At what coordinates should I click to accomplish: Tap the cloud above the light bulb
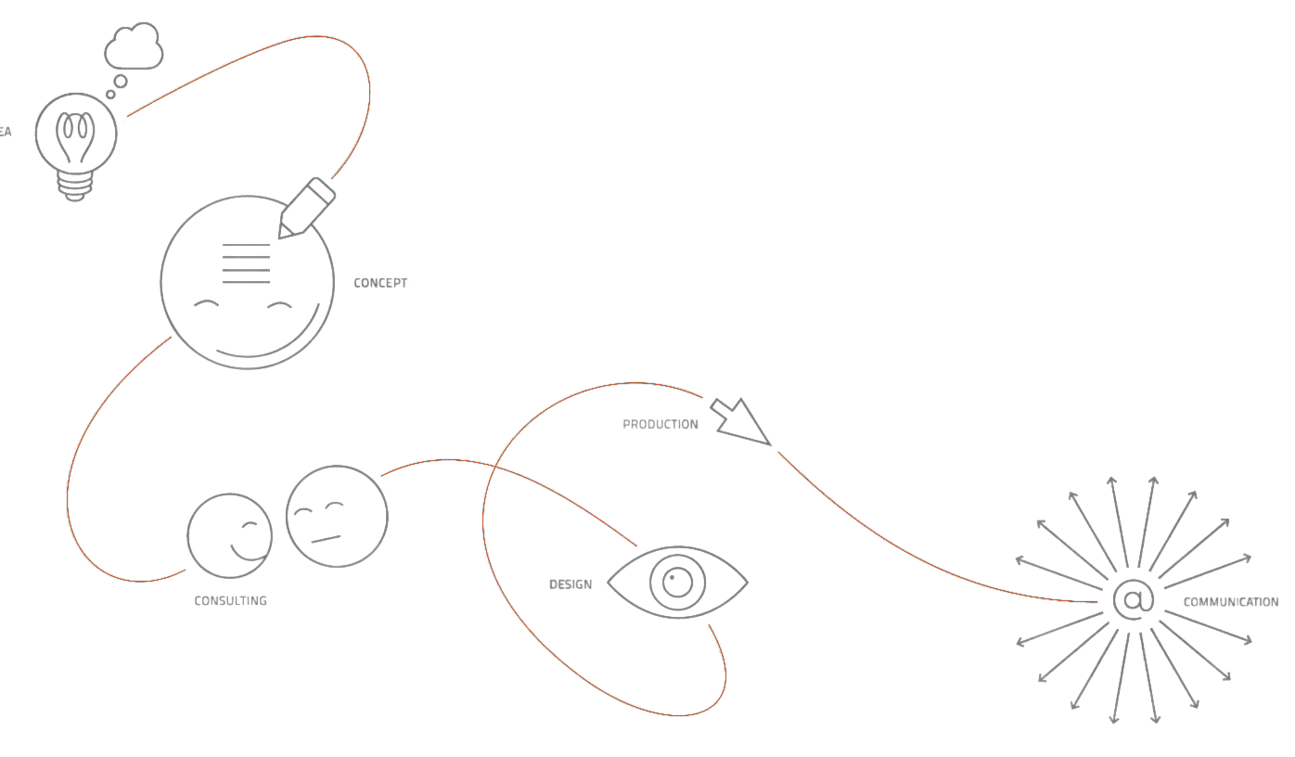[x=135, y=47]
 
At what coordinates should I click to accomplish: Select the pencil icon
[x=307, y=208]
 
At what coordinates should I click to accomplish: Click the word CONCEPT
[x=380, y=283]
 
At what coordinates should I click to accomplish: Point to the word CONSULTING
[x=230, y=601]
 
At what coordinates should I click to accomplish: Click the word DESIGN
[x=571, y=585]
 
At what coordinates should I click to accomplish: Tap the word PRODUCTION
[x=660, y=425]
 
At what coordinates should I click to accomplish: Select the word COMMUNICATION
[x=1230, y=603]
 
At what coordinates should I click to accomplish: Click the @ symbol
[x=1133, y=599]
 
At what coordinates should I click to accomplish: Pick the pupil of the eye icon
[x=678, y=584]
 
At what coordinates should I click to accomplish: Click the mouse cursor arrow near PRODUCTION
[x=742, y=422]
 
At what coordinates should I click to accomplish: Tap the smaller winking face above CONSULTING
[x=229, y=536]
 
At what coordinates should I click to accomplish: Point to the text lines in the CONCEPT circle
[x=247, y=263]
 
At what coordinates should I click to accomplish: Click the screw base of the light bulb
[x=76, y=188]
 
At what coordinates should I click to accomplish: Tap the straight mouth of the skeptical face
[x=326, y=538]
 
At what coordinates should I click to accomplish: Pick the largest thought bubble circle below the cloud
[x=120, y=82]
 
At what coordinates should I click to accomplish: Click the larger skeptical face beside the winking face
[x=336, y=517]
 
